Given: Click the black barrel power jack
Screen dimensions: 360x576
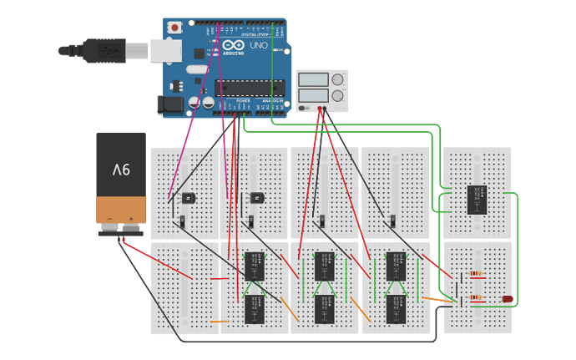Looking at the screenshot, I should coord(170,104).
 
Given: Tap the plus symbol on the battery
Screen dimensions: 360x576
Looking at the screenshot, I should coord(131,218).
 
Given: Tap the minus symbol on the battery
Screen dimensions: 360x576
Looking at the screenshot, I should coord(108,218).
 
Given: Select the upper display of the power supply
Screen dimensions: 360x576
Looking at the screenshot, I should coord(314,81).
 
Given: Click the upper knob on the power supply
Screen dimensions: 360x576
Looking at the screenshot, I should coord(339,81).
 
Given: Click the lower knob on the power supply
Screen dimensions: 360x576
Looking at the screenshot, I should coord(339,97).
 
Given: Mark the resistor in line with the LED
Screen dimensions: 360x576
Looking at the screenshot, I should coord(477,297).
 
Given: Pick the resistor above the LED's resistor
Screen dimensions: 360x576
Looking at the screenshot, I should coord(477,273).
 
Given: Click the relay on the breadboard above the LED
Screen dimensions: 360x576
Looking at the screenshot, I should coord(477,199).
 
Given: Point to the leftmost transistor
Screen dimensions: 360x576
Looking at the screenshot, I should coord(186,198).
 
